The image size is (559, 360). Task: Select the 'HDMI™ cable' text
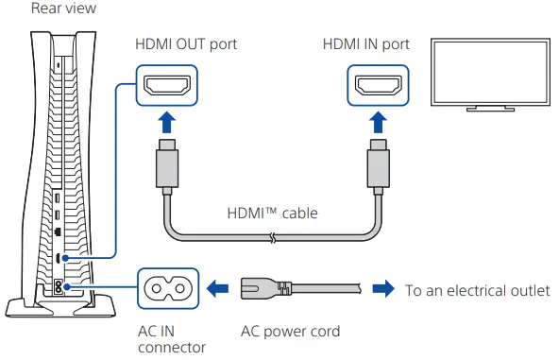pyautogui.click(x=271, y=214)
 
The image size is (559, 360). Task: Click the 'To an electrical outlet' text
pyautogui.click(x=477, y=290)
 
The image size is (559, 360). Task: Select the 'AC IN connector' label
pyautogui.click(x=172, y=339)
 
